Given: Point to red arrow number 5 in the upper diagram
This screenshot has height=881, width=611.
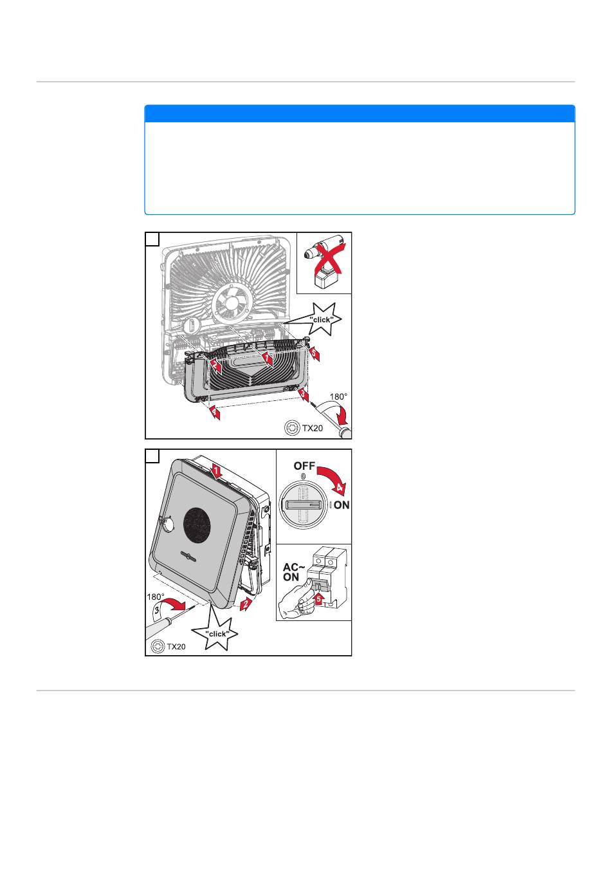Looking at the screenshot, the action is tap(313, 353).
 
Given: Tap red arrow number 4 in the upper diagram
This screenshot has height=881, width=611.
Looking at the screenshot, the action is tap(214, 412).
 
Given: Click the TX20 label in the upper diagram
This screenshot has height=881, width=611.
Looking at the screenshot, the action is tap(312, 428).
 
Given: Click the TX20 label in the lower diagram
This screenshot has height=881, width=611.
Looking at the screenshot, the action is tap(176, 647).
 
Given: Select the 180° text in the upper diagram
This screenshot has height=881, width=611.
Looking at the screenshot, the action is tap(338, 396).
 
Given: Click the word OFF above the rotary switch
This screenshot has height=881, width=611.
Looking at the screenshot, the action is tap(304, 466).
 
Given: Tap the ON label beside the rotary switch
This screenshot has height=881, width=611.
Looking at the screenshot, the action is tap(342, 505).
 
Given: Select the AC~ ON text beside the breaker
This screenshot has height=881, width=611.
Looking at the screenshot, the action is tap(293, 572).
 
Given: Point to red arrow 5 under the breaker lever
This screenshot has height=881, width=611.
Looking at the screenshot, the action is tap(318, 598).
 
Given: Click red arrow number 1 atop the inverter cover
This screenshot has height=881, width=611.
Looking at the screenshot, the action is tap(216, 470).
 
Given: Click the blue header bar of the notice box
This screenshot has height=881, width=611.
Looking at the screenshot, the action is tap(360, 113).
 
